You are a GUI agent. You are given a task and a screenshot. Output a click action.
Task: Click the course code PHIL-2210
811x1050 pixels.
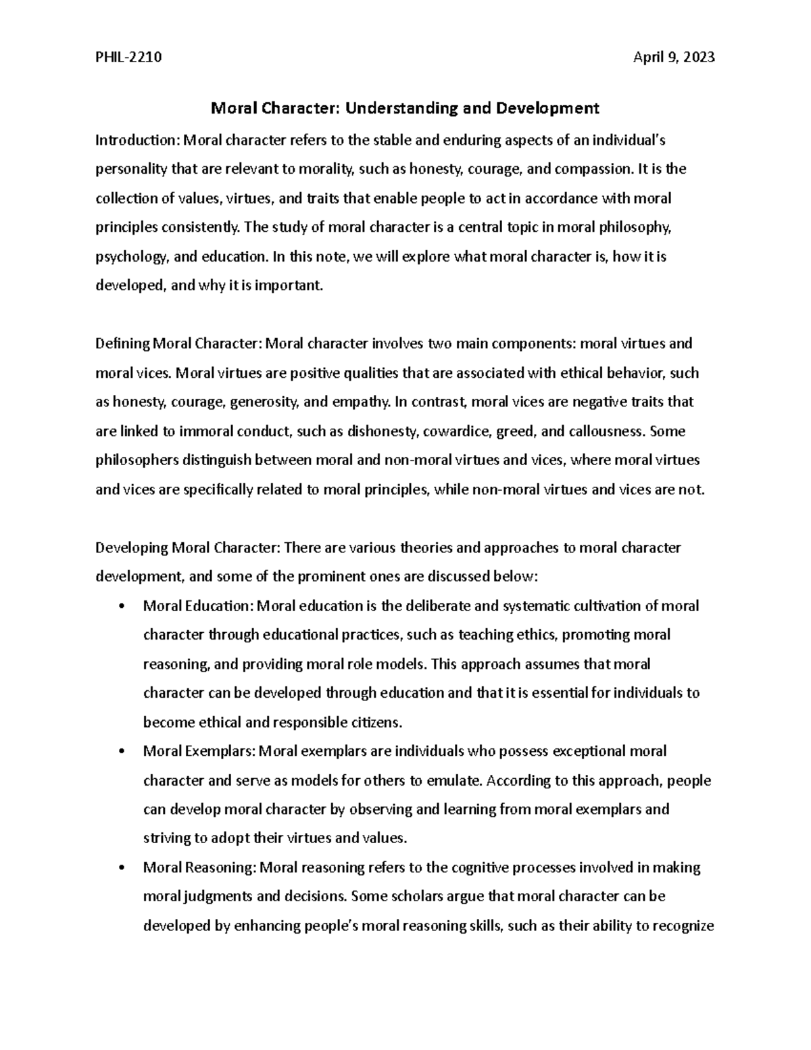click(128, 57)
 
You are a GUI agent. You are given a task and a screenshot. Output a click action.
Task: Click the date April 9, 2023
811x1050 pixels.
click(673, 57)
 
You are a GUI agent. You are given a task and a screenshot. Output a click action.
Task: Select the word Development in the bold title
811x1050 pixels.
click(548, 108)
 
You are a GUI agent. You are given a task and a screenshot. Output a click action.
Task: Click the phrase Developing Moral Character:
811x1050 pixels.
click(189, 548)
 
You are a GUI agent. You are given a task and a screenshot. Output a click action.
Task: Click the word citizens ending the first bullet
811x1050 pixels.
click(377, 723)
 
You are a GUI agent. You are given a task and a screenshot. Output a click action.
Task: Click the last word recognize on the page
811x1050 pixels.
click(683, 926)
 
